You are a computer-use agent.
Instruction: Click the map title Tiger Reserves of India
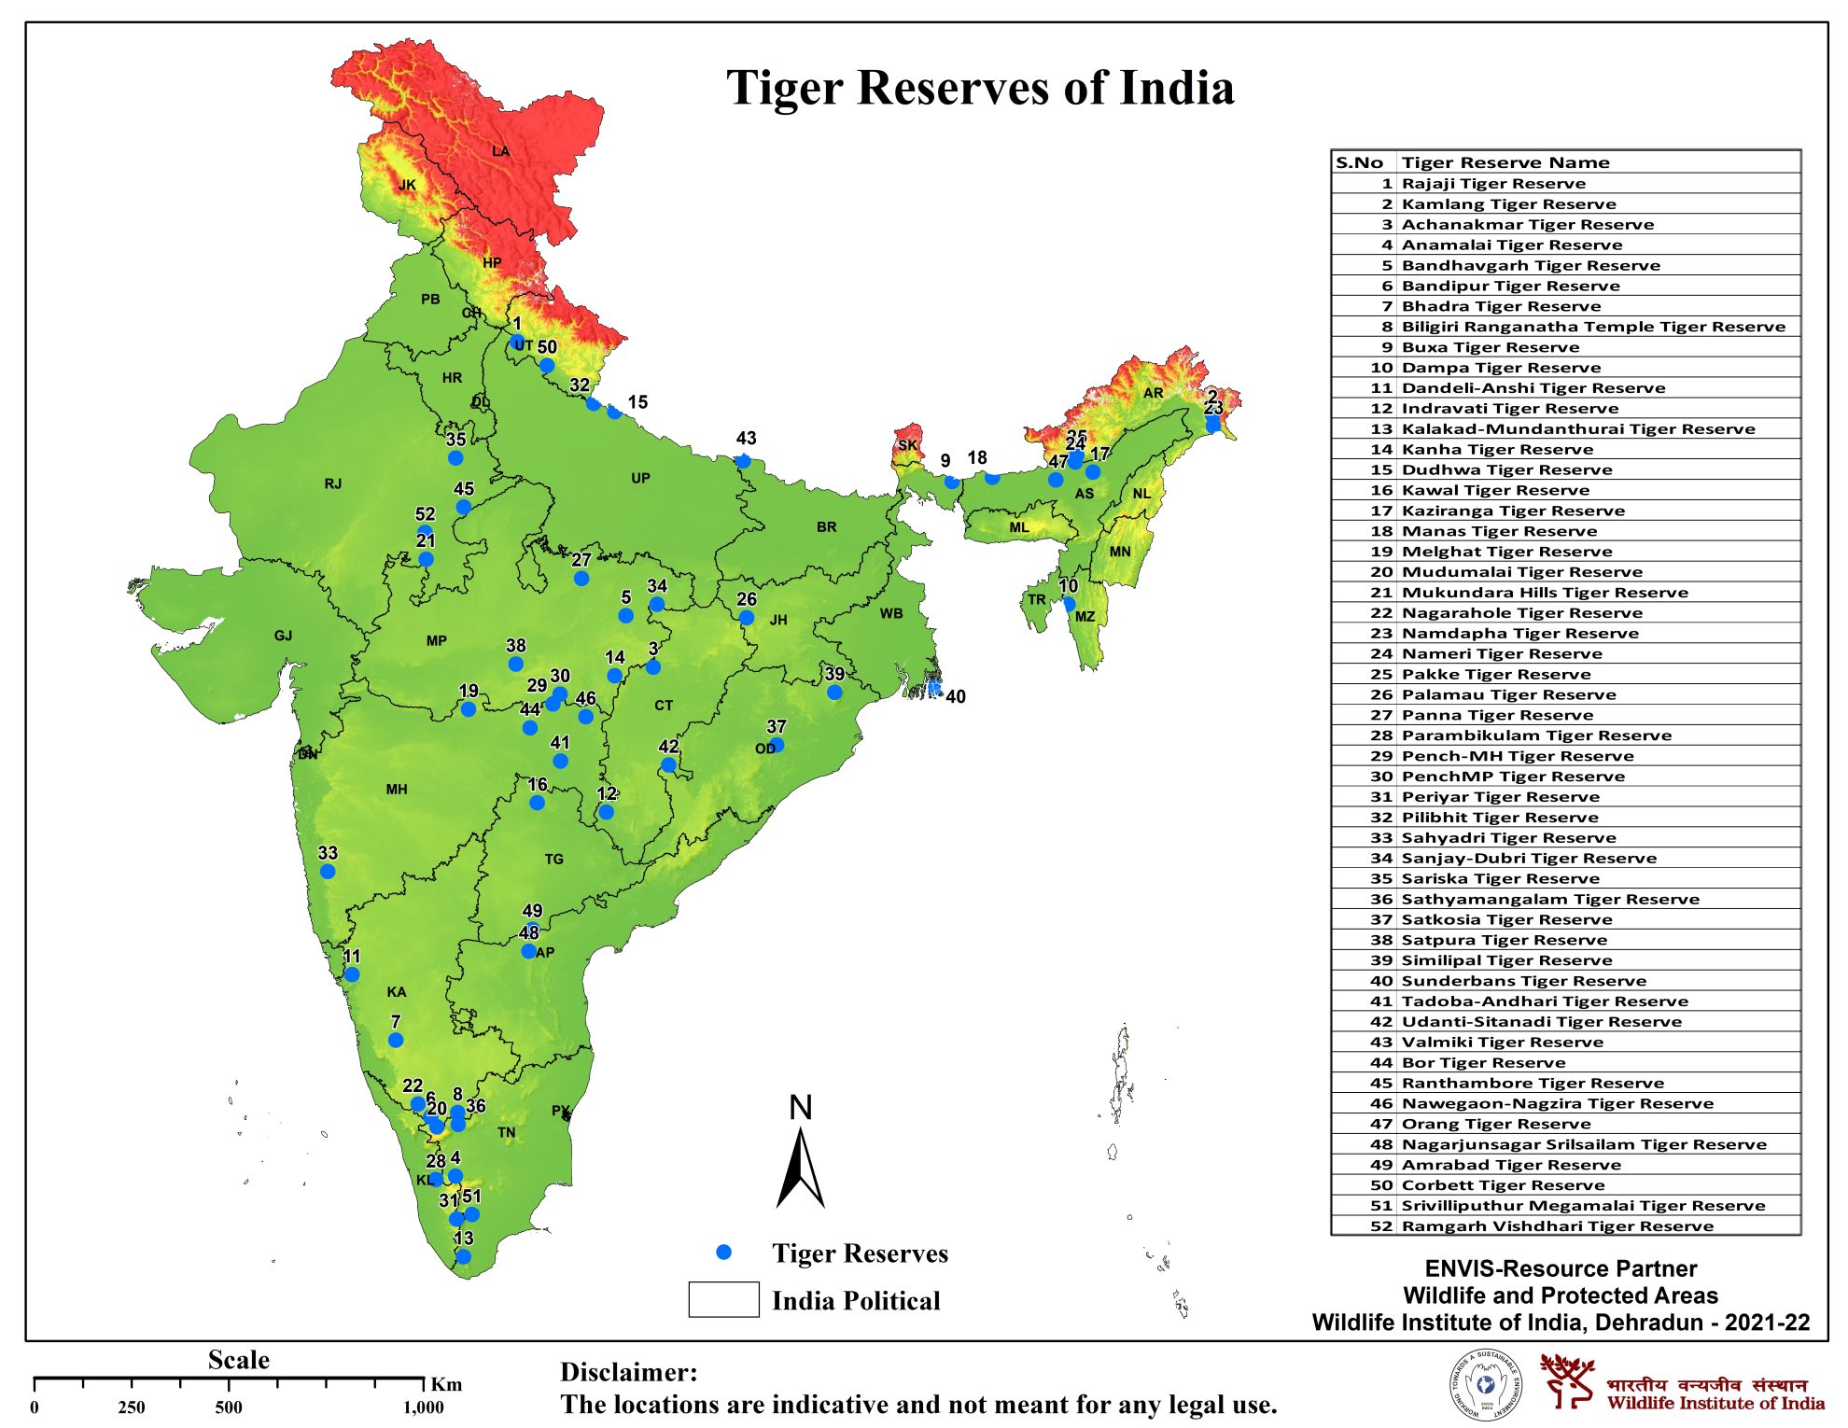980,89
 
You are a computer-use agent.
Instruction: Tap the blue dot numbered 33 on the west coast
328,871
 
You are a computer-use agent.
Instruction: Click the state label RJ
333,483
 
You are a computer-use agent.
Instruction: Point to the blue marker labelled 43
743,460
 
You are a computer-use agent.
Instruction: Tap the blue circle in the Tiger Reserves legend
723,1253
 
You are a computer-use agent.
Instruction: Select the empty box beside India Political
723,1299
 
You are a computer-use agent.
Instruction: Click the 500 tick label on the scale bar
229,1407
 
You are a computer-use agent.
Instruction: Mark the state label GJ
283,636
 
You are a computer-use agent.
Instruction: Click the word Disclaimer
628,1372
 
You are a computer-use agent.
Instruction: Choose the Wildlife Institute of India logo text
1715,1402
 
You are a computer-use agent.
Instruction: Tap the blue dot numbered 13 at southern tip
463,1256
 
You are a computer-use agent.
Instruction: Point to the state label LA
501,151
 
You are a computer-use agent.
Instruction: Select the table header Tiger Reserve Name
1505,162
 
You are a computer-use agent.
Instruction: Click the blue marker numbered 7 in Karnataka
396,1040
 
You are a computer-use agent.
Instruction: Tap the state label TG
554,859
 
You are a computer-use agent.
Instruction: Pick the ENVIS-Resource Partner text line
1560,1268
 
